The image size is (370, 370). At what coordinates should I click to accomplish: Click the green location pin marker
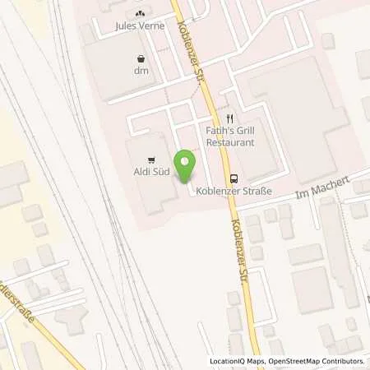coord(187,165)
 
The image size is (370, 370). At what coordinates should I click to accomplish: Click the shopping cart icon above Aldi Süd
coord(150,159)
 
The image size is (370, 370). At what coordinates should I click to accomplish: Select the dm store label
coord(144,72)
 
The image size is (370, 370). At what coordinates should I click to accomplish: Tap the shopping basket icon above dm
coord(144,59)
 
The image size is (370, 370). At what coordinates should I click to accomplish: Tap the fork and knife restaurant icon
coord(231,118)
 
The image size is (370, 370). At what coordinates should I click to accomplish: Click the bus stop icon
coord(234,177)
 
